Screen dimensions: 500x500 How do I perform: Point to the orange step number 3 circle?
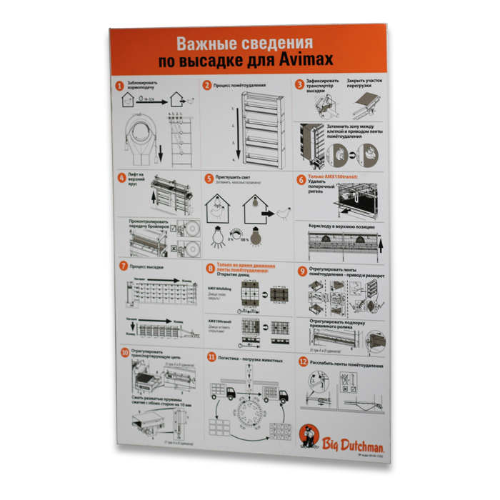coord(300,84)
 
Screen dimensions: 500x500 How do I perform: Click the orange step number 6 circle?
coord(301,179)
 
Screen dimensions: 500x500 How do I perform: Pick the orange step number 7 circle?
coord(124,265)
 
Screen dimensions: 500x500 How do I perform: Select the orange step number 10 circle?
coord(125,352)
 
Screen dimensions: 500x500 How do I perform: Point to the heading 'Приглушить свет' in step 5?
coord(236,176)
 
